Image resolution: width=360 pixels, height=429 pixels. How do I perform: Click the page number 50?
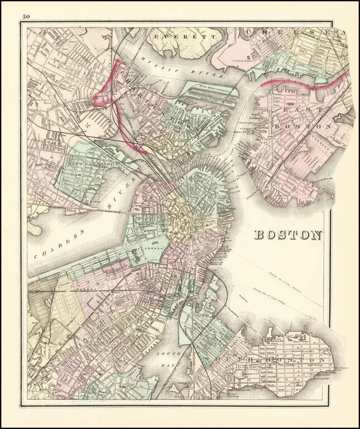(x=26, y=16)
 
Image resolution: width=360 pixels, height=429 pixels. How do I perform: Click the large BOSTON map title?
(x=288, y=235)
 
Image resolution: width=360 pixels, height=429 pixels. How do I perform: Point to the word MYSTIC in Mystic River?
(x=157, y=65)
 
